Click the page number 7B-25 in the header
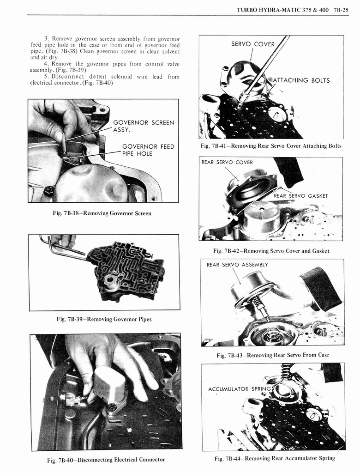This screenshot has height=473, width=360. pyautogui.click(x=339, y=9)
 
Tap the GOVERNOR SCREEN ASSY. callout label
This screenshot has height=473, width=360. pyautogui.click(x=144, y=126)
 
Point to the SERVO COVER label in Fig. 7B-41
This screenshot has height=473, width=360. pyautogui.click(x=252, y=44)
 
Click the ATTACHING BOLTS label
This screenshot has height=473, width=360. pyautogui.click(x=301, y=80)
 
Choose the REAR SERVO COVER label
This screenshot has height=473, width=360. pyautogui.click(x=227, y=162)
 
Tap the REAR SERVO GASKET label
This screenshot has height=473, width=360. pyautogui.click(x=300, y=196)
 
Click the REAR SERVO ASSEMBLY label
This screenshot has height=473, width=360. pyautogui.click(x=237, y=265)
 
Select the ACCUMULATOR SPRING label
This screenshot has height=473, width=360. pyautogui.click(x=239, y=389)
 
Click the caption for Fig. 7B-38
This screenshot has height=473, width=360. pyautogui.click(x=102, y=213)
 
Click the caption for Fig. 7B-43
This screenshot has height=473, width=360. pyautogui.click(x=272, y=355)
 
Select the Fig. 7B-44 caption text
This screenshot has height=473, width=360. pyautogui.click(x=275, y=458)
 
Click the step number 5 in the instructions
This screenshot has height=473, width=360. pyautogui.click(x=46, y=76)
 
